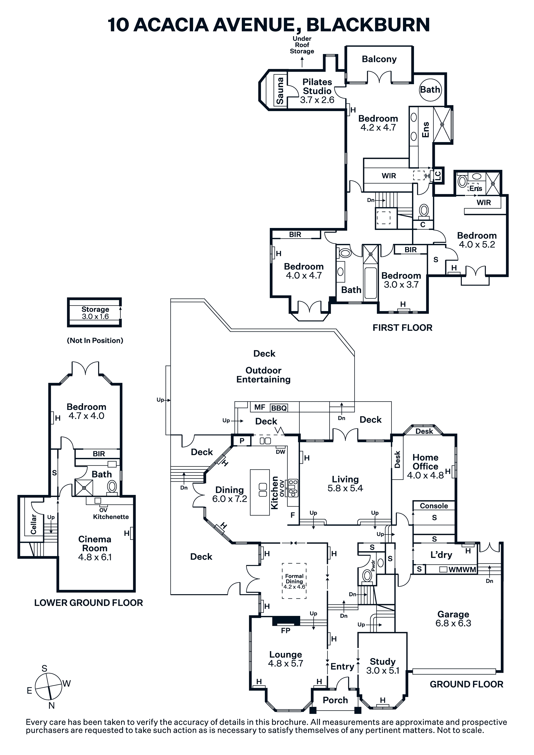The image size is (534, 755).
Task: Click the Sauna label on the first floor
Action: pos(280,91)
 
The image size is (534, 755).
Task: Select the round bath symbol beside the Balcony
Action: pos(430,89)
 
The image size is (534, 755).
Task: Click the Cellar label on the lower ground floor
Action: pos(34,524)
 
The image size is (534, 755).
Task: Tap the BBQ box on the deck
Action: pos(279,408)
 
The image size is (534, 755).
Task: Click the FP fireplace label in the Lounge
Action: pos(286,630)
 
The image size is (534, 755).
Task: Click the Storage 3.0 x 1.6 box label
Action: pos(95,313)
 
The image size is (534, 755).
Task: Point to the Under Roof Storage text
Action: pos(302,45)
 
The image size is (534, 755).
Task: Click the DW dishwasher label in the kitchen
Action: pos(281,452)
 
